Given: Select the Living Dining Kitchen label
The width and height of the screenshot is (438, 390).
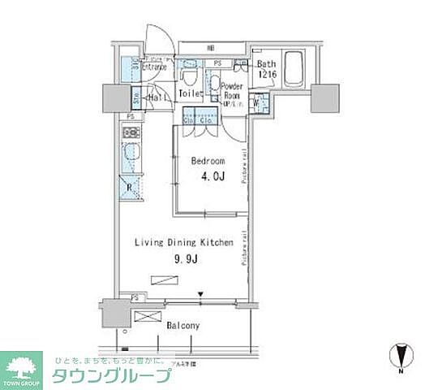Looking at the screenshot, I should [x=184, y=242].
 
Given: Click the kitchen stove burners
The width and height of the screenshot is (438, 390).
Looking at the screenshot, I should [x=130, y=132].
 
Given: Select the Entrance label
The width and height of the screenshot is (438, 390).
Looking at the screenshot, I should [x=154, y=68].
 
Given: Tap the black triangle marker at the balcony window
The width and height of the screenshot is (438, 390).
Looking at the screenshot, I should [x=201, y=296].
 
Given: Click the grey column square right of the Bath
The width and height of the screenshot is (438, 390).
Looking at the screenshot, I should [x=325, y=97].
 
